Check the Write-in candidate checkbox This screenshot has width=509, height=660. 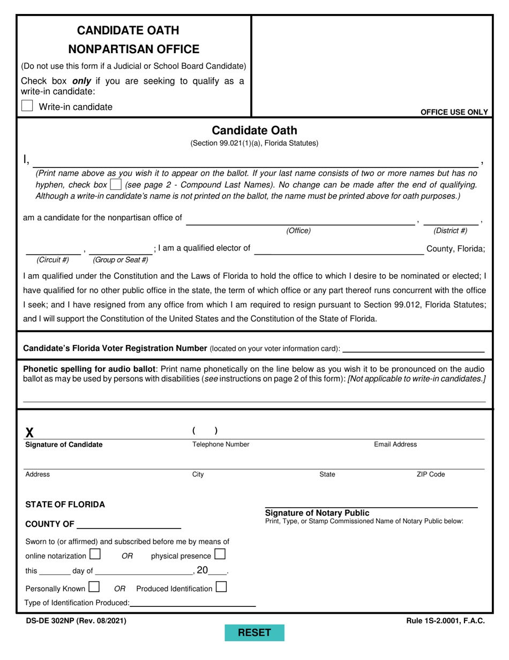[x=27, y=106]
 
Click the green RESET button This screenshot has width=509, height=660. [x=254, y=633]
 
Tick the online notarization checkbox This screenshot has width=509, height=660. [x=95, y=554]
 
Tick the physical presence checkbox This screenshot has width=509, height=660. [x=220, y=554]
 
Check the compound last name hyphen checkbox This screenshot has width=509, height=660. [x=115, y=185]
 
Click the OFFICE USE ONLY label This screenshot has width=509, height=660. [x=454, y=112]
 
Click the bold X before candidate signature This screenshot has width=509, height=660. [x=30, y=432]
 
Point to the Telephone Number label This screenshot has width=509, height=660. [x=221, y=444]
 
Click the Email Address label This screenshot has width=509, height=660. [x=395, y=444]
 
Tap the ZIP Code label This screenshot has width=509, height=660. [x=431, y=474]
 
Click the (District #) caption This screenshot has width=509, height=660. [x=450, y=231]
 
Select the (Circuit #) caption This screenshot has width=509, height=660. [x=53, y=260]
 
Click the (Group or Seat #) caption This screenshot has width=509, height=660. [x=121, y=260]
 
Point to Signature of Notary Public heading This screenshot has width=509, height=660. [x=317, y=513]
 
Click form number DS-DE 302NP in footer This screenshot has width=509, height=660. [x=76, y=621]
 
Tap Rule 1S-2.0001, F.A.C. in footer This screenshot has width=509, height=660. [x=445, y=621]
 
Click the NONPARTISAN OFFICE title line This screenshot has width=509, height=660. [x=134, y=49]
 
